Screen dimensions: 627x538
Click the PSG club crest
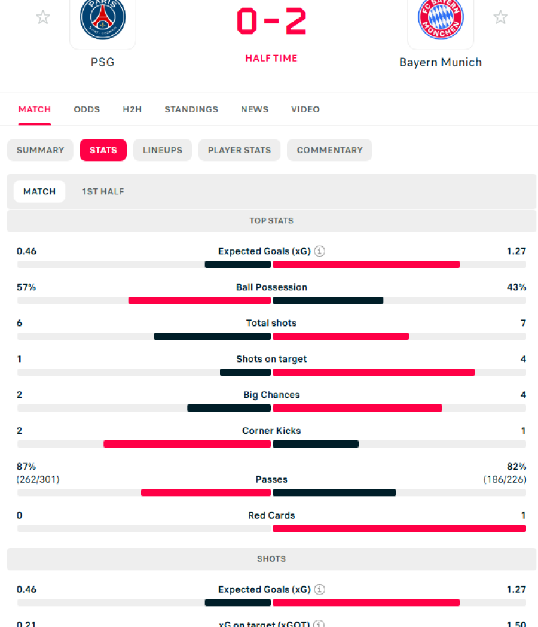(x=103, y=19)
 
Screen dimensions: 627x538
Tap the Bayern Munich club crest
(x=441, y=19)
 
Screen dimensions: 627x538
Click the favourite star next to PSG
(x=43, y=17)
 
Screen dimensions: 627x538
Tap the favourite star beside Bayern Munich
(x=500, y=17)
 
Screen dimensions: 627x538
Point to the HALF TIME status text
(x=271, y=58)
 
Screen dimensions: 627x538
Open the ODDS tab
(x=87, y=109)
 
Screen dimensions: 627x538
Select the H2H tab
(x=132, y=109)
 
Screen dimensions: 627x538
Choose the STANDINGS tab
(x=191, y=109)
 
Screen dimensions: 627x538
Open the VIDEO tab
(x=305, y=109)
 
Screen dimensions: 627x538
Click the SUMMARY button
(x=40, y=150)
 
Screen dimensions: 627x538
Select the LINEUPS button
(x=163, y=150)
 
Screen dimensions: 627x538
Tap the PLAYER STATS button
(x=239, y=150)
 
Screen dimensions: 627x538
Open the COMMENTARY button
(x=329, y=150)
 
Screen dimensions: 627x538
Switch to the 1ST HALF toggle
(x=103, y=191)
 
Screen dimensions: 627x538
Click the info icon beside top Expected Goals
(x=320, y=251)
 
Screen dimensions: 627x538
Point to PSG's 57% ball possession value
(x=26, y=287)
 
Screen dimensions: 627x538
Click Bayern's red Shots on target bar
(x=374, y=372)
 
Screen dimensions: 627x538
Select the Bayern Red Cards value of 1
(x=523, y=515)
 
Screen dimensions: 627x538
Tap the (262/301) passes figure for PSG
(x=38, y=479)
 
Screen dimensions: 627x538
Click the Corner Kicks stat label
(x=271, y=431)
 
